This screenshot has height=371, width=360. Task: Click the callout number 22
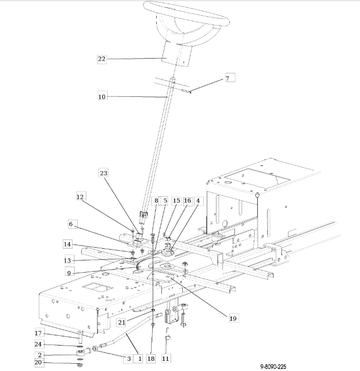[x=102, y=59]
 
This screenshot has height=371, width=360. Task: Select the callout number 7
[x=227, y=78]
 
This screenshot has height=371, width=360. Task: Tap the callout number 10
[x=102, y=97]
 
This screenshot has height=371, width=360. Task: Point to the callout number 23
[x=103, y=173]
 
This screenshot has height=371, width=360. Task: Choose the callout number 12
[x=80, y=197]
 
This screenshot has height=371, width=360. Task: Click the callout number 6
[x=70, y=224]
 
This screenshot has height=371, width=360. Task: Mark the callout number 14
[x=67, y=244]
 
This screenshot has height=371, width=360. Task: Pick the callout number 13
[x=67, y=260]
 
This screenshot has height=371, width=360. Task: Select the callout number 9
[x=69, y=273]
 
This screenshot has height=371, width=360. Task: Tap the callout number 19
[x=233, y=319]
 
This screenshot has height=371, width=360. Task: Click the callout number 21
[x=122, y=323]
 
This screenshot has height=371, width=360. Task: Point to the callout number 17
[x=38, y=333]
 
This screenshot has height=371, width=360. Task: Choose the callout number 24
[x=38, y=344]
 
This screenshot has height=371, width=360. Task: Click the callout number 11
[x=165, y=359]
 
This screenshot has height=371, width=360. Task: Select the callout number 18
[x=151, y=359]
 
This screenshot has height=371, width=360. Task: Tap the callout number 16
[x=187, y=201]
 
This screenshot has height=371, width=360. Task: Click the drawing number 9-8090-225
[x=273, y=367]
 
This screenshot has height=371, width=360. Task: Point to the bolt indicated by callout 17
[x=80, y=337]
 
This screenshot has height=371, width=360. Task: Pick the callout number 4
[x=198, y=201]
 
